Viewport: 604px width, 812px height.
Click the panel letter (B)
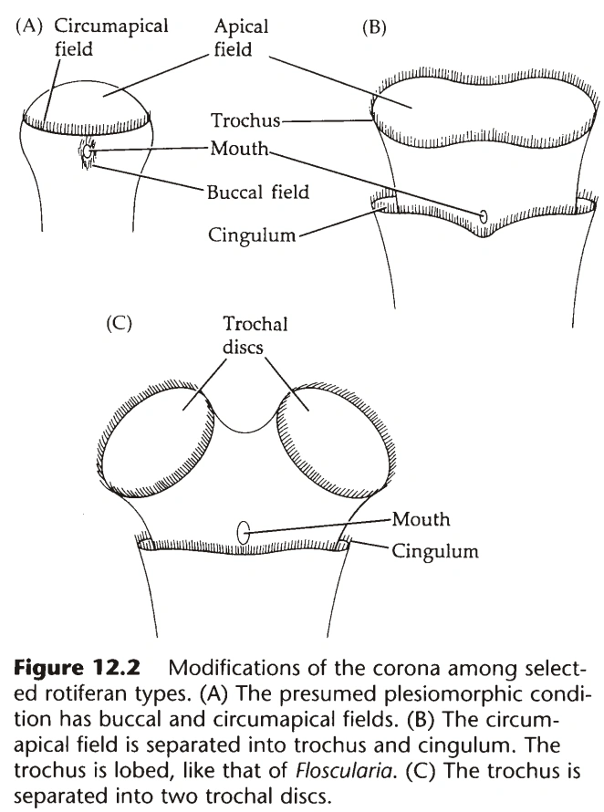[x=374, y=27]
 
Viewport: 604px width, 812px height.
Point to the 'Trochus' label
[x=245, y=120]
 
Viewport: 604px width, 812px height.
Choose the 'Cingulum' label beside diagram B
[x=250, y=235]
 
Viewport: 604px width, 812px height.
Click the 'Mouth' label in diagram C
[x=421, y=519]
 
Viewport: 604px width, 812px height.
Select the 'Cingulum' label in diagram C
[x=435, y=551]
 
